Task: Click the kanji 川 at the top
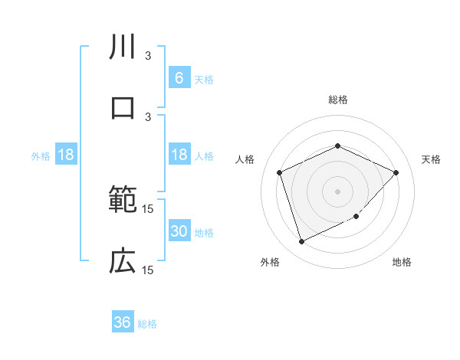click(x=123, y=47)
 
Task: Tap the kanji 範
click(x=123, y=201)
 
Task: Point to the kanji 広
click(x=123, y=262)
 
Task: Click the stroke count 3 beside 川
click(x=149, y=55)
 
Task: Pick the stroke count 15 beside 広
click(x=149, y=270)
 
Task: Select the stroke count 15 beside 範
click(x=149, y=208)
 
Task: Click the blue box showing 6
click(x=179, y=77)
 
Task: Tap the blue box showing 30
click(x=179, y=231)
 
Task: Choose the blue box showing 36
click(x=122, y=322)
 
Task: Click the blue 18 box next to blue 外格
click(x=65, y=155)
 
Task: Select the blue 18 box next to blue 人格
click(x=179, y=155)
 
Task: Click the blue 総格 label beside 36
click(x=147, y=324)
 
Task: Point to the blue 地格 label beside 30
click(x=204, y=233)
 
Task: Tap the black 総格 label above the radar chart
click(x=338, y=100)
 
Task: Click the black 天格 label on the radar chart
click(x=432, y=159)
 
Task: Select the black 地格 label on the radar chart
click(x=402, y=262)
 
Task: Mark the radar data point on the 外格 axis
click(x=301, y=242)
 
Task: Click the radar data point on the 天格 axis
click(x=396, y=172)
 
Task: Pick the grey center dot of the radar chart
click(x=338, y=191)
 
